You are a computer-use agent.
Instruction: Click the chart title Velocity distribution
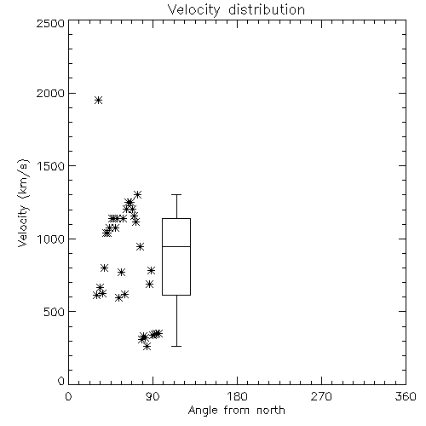pyautogui.click(x=236, y=9)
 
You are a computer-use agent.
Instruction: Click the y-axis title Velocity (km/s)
pyautogui.click(x=23, y=203)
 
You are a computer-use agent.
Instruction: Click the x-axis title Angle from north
pyautogui.click(x=236, y=410)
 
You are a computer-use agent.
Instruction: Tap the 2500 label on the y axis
pyautogui.click(x=50, y=23)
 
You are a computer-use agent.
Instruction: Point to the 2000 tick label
pyautogui.click(x=50, y=94)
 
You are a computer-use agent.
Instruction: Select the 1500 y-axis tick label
pyautogui.click(x=51, y=166)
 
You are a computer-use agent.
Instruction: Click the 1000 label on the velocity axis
pyautogui.click(x=51, y=239)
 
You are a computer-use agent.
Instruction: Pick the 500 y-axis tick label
pyautogui.click(x=55, y=312)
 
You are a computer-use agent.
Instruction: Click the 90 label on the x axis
pyautogui.click(x=153, y=396)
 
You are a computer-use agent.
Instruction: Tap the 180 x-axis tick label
pyautogui.click(x=237, y=396)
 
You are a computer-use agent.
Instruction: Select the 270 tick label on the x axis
pyautogui.click(x=321, y=396)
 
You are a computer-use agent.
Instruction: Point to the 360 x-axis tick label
pyautogui.click(x=406, y=396)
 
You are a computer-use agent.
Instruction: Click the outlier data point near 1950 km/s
pyautogui.click(x=98, y=100)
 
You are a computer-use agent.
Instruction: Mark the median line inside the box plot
pyautogui.click(x=176, y=246)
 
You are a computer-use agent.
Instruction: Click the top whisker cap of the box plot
pyautogui.click(x=176, y=194)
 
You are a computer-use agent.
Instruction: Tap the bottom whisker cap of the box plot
pyautogui.click(x=176, y=346)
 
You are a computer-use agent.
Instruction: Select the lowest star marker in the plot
pyautogui.click(x=147, y=346)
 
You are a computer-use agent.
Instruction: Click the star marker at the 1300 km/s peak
pyautogui.click(x=138, y=194)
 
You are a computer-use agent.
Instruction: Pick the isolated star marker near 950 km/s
pyautogui.click(x=140, y=246)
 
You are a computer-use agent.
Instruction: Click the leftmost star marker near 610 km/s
pyautogui.click(x=96, y=296)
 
